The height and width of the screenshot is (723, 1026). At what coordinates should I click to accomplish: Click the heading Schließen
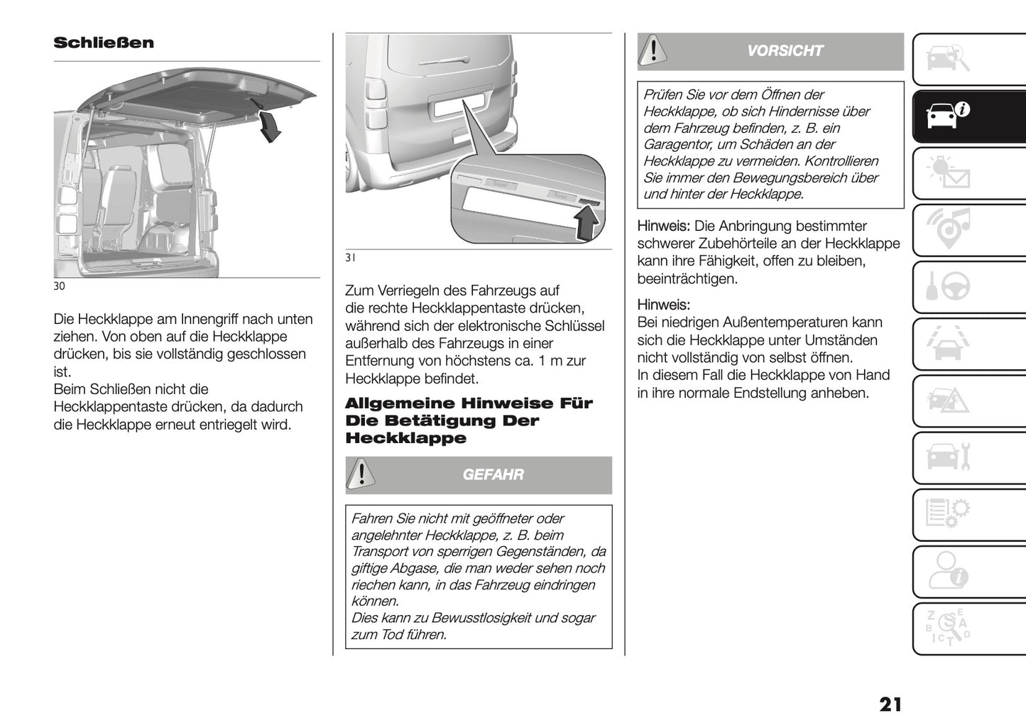tap(104, 43)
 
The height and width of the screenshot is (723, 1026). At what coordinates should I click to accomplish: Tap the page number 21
tap(890, 704)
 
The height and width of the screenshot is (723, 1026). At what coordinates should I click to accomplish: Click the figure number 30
tap(59, 286)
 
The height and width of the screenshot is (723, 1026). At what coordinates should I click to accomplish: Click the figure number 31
tap(350, 259)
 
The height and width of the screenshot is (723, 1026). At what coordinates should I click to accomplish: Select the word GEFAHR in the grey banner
tap(493, 474)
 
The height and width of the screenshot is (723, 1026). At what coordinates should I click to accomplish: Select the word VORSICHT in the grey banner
tap(785, 50)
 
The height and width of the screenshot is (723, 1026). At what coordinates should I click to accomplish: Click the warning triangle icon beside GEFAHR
tap(362, 474)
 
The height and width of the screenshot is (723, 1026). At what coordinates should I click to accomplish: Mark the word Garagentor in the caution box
tap(677, 145)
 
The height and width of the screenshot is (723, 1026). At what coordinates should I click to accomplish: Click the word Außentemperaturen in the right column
tap(776, 322)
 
